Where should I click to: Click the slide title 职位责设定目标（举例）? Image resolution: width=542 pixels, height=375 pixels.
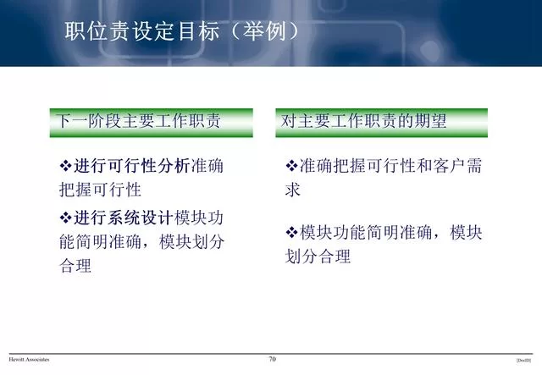tap(183, 32)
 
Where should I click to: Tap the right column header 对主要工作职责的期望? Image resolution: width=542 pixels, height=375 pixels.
tap(365, 122)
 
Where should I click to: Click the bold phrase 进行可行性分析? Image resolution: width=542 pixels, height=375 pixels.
tap(133, 165)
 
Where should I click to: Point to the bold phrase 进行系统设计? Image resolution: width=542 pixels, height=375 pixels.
tap(124, 217)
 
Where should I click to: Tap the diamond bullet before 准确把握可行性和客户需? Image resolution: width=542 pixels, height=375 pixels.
tap(292, 165)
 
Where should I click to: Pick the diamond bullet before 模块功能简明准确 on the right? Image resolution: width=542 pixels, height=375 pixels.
tap(292, 232)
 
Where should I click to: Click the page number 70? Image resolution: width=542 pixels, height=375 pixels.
tap(272, 360)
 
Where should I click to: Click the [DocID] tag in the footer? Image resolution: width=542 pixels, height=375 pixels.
tap(523, 361)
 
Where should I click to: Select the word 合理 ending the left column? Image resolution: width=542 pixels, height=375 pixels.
tap(75, 267)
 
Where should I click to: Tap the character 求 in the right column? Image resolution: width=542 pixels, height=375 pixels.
tap(293, 190)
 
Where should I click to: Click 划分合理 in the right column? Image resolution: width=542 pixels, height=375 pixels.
tap(318, 257)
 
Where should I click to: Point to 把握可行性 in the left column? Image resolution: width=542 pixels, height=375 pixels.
tap(100, 190)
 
